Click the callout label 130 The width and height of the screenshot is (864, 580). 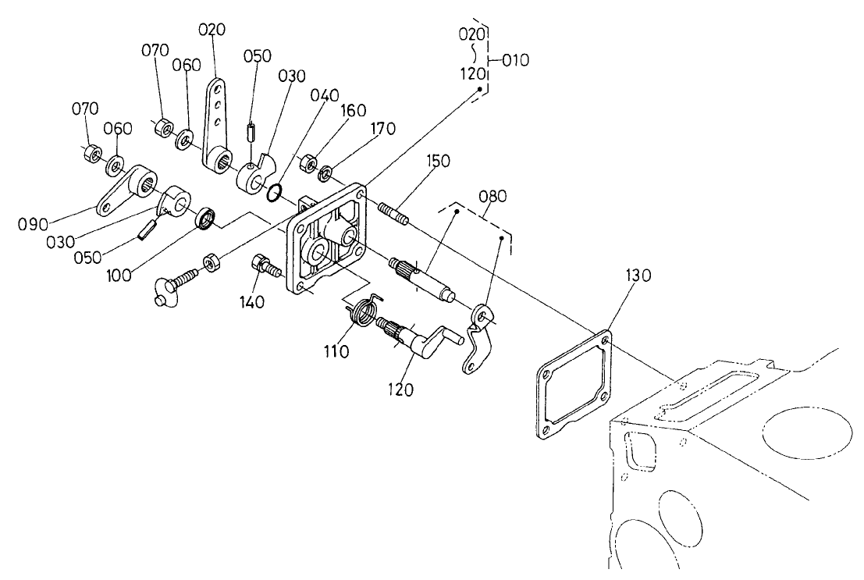pyautogui.click(x=637, y=276)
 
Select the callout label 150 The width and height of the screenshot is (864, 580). pyautogui.click(x=439, y=161)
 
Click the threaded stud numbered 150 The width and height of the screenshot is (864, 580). pyautogui.click(x=393, y=212)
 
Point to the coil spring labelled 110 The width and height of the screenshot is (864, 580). pyautogui.click(x=361, y=315)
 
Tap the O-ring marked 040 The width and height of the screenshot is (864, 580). pyautogui.click(x=274, y=193)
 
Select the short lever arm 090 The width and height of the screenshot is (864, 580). pyautogui.click(x=125, y=191)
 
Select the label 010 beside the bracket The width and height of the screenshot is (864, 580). pyautogui.click(x=516, y=59)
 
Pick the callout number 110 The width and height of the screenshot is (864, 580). pyautogui.click(x=337, y=352)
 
